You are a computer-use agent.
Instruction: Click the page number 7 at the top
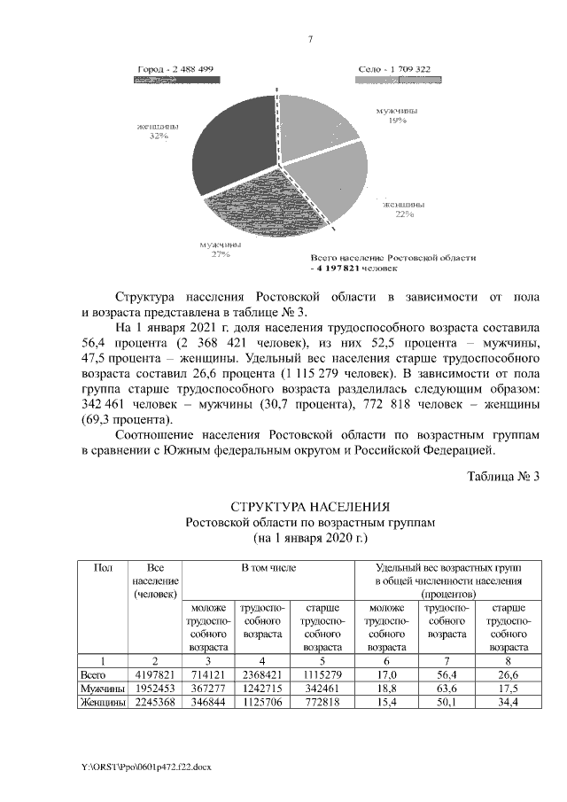click(310, 39)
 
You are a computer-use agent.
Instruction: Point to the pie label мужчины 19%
click(397, 115)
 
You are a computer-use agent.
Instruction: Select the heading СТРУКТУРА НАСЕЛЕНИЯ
click(309, 507)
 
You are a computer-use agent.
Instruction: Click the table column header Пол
click(101, 566)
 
